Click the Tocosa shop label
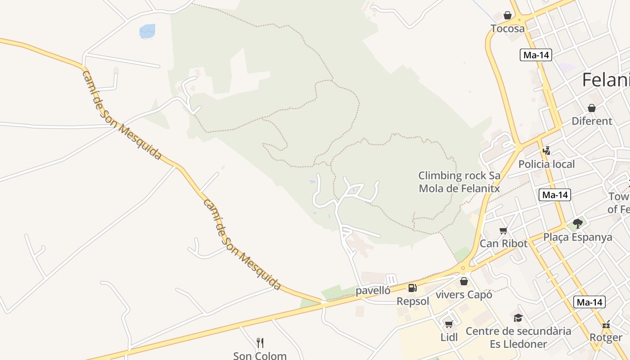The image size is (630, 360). pyautogui.click(x=508, y=29)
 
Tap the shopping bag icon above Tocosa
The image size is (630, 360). pyautogui.click(x=508, y=16)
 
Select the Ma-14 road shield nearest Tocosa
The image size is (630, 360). pyautogui.click(x=535, y=55)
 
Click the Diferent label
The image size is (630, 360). pyautogui.click(x=592, y=121)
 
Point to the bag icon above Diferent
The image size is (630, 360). pyautogui.click(x=592, y=108)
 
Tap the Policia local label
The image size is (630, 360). pyautogui.click(x=546, y=164)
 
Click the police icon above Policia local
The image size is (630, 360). pyautogui.click(x=546, y=151)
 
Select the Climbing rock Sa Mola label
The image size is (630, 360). pyautogui.click(x=459, y=182)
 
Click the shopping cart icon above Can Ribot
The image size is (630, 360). pyautogui.click(x=503, y=231)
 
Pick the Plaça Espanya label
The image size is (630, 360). pyautogui.click(x=578, y=237)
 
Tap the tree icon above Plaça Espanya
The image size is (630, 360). pyautogui.click(x=578, y=224)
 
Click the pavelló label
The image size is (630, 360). pyautogui.click(x=373, y=291)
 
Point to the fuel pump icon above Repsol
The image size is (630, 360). pyautogui.click(x=412, y=288)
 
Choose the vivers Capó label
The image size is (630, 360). pyautogui.click(x=464, y=295)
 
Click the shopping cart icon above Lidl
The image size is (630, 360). pyautogui.click(x=449, y=324)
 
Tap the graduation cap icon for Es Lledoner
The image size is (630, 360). pyautogui.click(x=518, y=318)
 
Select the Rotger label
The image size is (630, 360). pyautogui.click(x=606, y=337)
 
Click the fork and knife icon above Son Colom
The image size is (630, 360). pyautogui.click(x=260, y=343)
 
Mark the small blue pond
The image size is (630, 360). pyautogui.click(x=147, y=31)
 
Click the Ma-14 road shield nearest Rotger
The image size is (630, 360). pyautogui.click(x=589, y=302)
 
